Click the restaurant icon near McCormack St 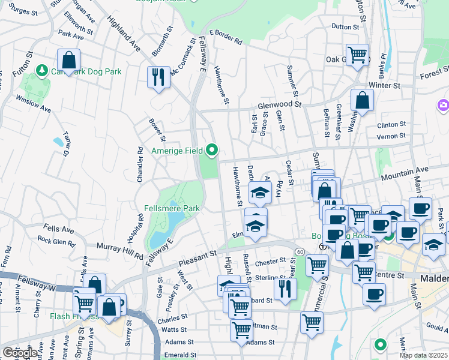point(158,77)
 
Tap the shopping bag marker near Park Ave point(69,60)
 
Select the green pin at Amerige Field point(212,149)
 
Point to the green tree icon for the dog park point(42,71)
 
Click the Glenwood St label point(279,104)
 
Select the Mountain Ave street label point(405,172)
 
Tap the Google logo point(20,353)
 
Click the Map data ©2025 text point(423,355)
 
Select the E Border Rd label point(226,37)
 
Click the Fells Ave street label point(58,229)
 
